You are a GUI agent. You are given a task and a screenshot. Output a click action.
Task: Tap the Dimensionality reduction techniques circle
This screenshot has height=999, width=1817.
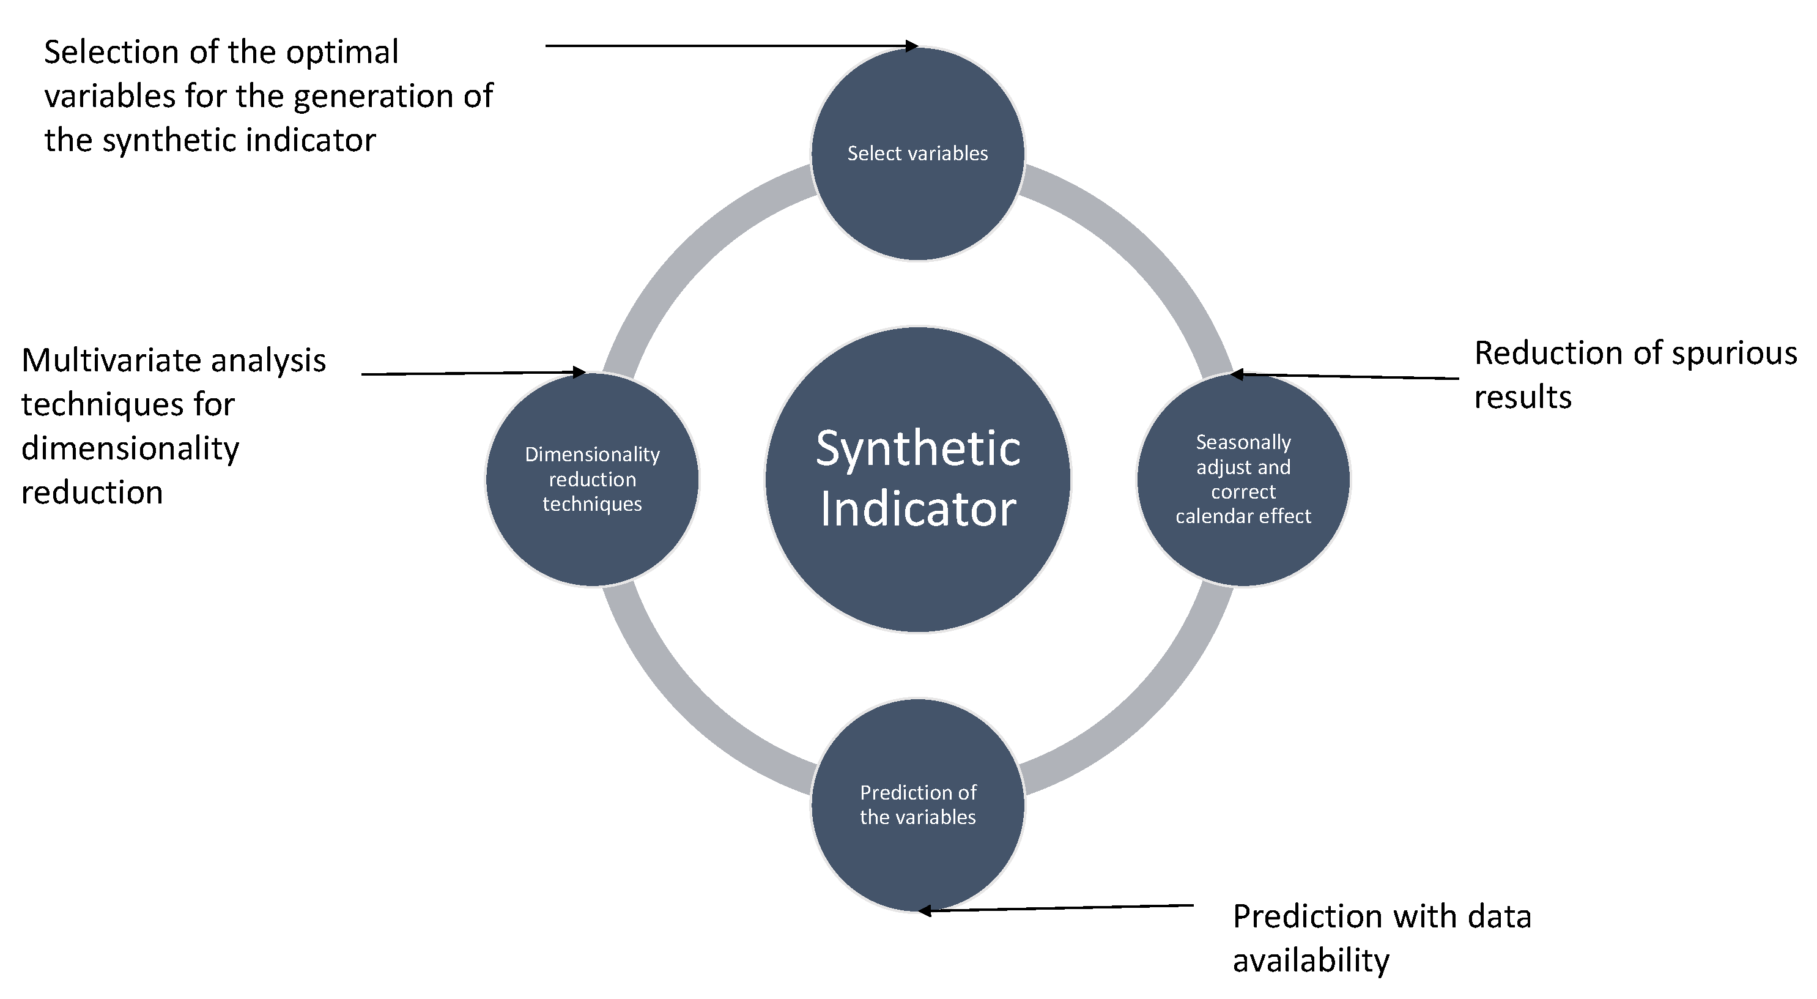[x=592, y=543]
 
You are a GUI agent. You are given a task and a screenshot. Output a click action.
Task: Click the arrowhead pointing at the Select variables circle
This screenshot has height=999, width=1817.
[x=912, y=46]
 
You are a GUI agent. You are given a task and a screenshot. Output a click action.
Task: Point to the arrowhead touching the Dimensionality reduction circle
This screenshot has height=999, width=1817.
[x=580, y=372]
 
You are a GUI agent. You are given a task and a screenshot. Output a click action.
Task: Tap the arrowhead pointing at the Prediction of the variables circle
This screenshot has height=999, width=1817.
[x=925, y=911]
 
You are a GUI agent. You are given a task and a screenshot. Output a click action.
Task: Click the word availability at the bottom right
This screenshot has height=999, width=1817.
[x=1311, y=961]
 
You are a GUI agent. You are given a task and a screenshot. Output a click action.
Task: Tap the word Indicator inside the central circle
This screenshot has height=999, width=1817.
[x=917, y=510]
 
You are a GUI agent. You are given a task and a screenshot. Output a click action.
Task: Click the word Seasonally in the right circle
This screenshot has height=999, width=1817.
[x=1243, y=442]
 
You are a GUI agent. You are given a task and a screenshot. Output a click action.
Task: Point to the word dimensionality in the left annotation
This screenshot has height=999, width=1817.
[x=130, y=448]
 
